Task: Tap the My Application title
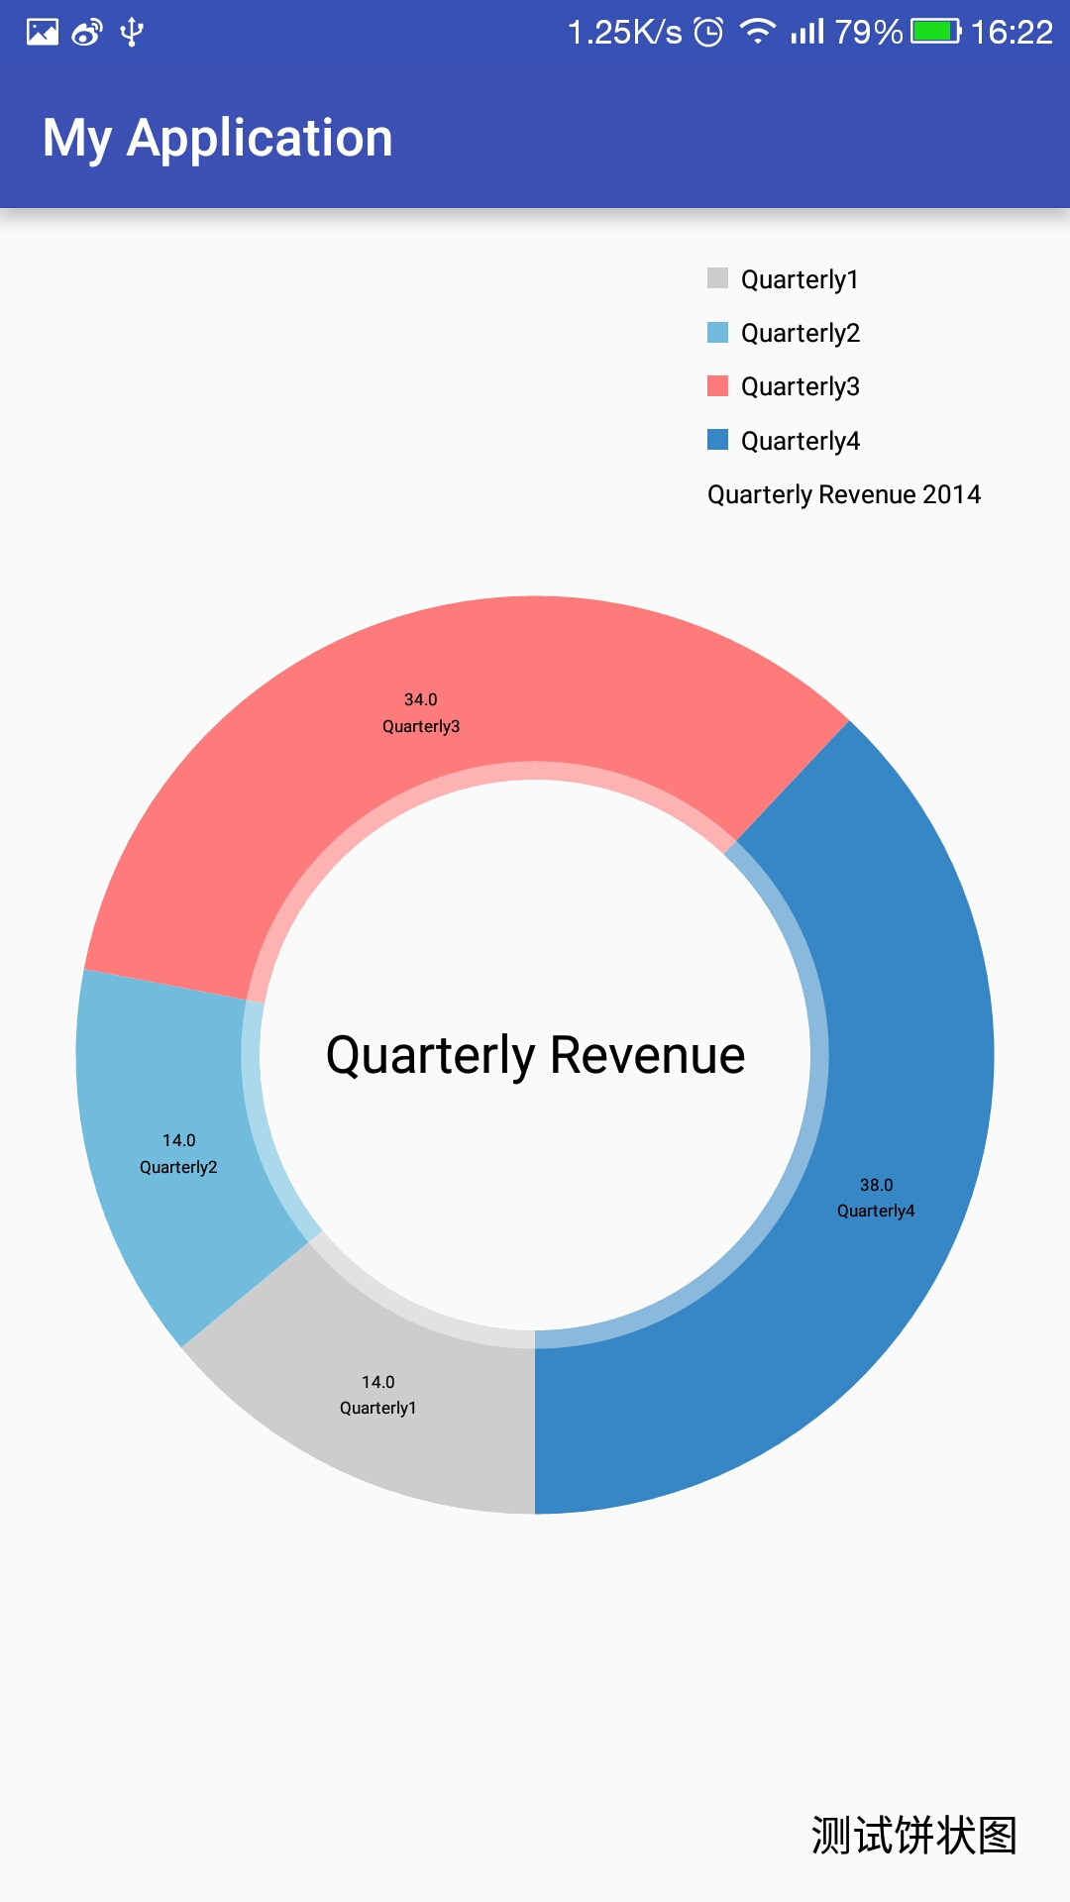click(x=218, y=138)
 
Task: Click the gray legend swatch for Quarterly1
click(x=717, y=277)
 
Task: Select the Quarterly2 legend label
click(x=800, y=333)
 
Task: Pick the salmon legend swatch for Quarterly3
click(x=717, y=385)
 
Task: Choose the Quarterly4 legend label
click(x=800, y=441)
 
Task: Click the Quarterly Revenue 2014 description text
click(x=843, y=494)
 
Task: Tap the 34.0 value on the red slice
click(x=420, y=699)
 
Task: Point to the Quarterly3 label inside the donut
click(x=420, y=726)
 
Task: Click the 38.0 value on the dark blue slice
click(x=876, y=1185)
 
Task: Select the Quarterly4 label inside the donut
click(x=876, y=1211)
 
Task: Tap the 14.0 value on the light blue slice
click(x=178, y=1140)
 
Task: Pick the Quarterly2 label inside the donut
click(x=178, y=1167)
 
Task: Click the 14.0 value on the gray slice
click(x=377, y=1382)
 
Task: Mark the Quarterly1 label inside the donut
click(x=377, y=1408)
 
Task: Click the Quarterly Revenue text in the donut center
click(x=535, y=1055)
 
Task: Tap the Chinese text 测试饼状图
click(x=913, y=1835)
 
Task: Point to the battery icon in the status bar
click(x=935, y=32)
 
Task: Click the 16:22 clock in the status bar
click(x=1011, y=32)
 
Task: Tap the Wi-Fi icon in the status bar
click(x=758, y=32)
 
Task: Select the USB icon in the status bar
click(x=132, y=32)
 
